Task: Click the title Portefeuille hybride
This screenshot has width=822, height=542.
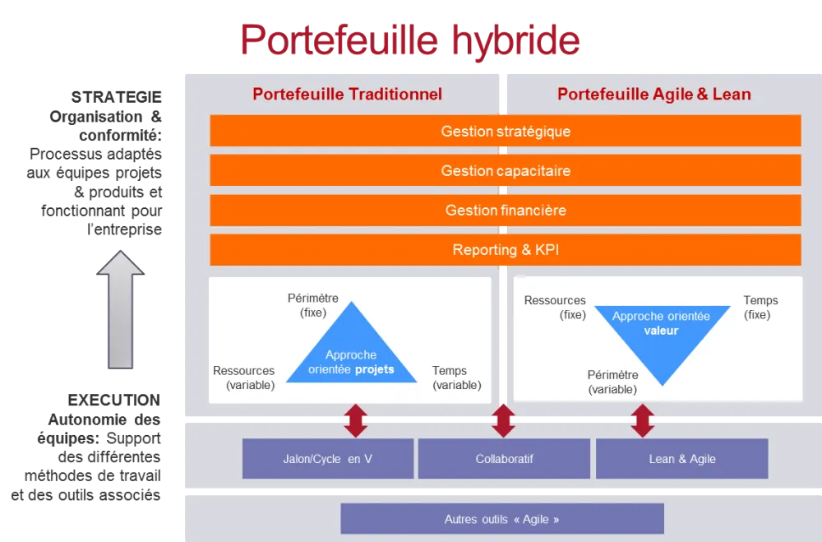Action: coord(409,39)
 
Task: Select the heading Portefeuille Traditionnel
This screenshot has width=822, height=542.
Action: coord(347,94)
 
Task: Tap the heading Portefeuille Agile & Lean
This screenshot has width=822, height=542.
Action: coord(653,94)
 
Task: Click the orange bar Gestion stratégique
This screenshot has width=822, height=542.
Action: coord(506,132)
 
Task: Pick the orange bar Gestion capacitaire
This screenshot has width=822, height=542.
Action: coord(506,171)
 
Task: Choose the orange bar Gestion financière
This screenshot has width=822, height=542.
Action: coord(506,211)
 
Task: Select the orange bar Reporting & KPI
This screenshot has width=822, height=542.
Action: coord(506,250)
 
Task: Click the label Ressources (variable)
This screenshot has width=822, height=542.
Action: coord(243,378)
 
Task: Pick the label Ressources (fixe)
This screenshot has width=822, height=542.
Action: coord(555,308)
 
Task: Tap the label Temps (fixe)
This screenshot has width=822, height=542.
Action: coord(760,308)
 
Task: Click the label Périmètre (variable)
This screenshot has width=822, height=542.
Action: coord(612,382)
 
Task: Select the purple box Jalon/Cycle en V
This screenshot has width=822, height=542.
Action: coord(327,459)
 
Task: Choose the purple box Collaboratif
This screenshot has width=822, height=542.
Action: coord(504,459)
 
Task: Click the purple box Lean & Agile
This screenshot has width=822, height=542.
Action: coord(681,459)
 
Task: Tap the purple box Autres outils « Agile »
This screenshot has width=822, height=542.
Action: coord(501,519)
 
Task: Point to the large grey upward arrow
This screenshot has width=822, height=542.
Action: coord(120,309)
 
